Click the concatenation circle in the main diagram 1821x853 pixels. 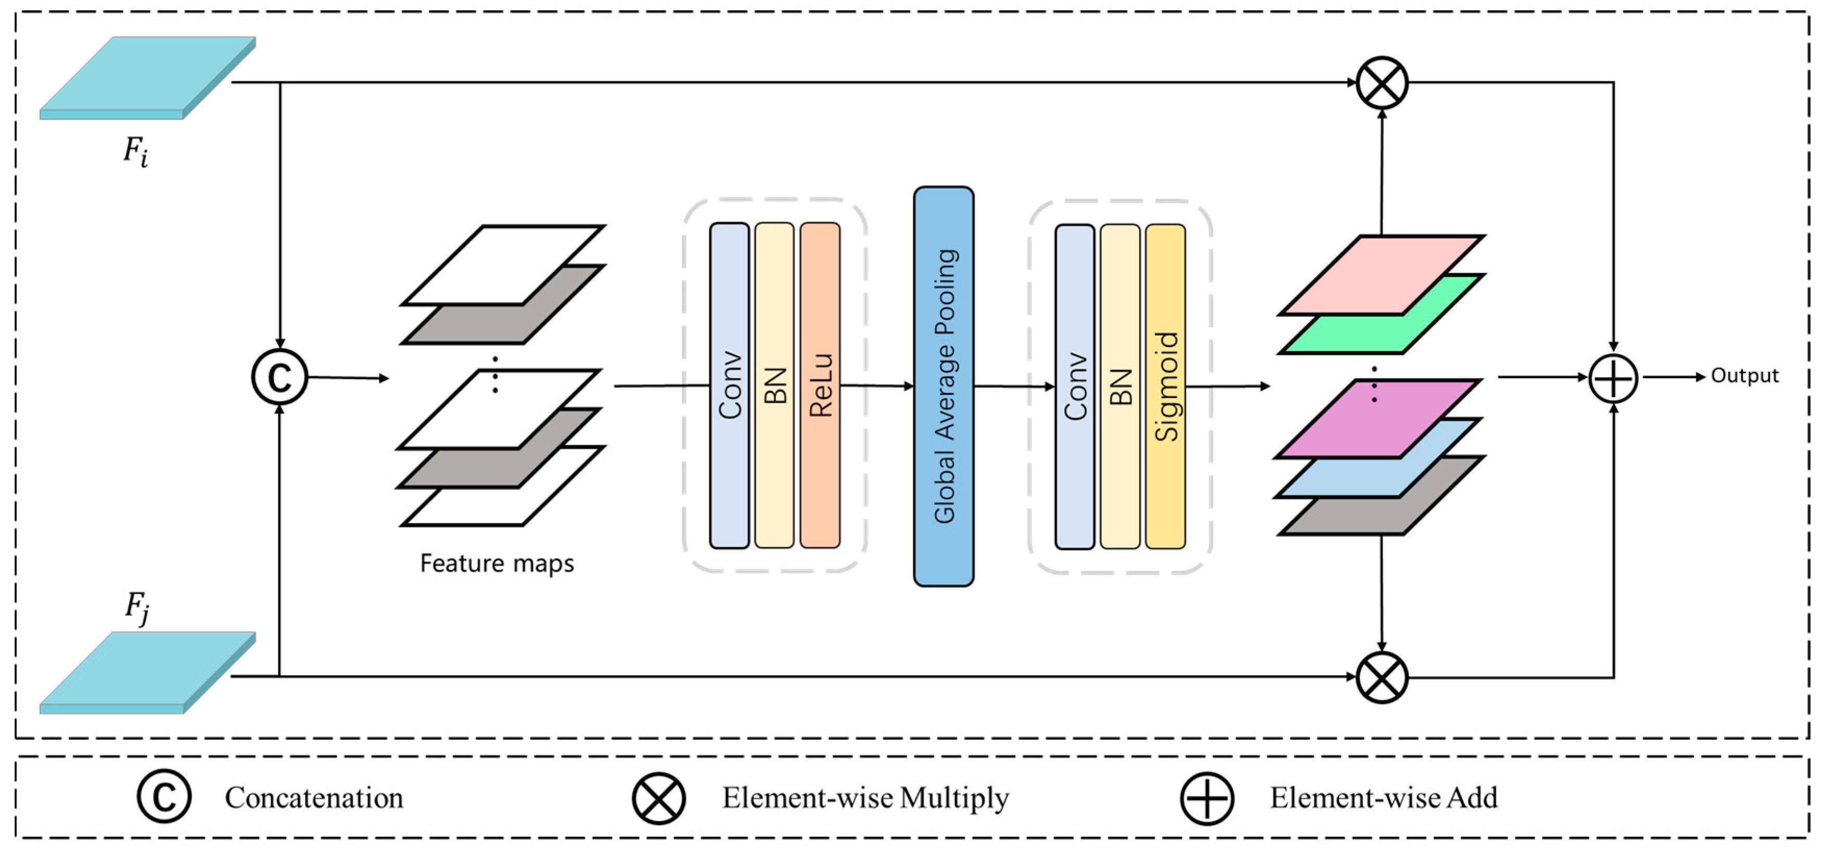click(x=280, y=378)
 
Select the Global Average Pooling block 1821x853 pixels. click(x=943, y=386)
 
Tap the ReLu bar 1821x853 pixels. click(x=820, y=385)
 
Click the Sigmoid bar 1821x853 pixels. click(x=1165, y=386)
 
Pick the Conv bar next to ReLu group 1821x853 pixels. click(x=730, y=385)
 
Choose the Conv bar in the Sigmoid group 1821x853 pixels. click(x=1075, y=386)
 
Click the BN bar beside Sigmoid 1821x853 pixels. click(x=1120, y=386)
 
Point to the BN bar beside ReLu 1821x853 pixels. click(x=775, y=385)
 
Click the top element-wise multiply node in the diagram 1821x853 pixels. click(x=1382, y=83)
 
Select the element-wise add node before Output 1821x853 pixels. click(x=1613, y=378)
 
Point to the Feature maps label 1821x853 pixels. click(x=497, y=563)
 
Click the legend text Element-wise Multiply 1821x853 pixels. click(x=865, y=798)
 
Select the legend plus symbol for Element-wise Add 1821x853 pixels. click(x=1207, y=798)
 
